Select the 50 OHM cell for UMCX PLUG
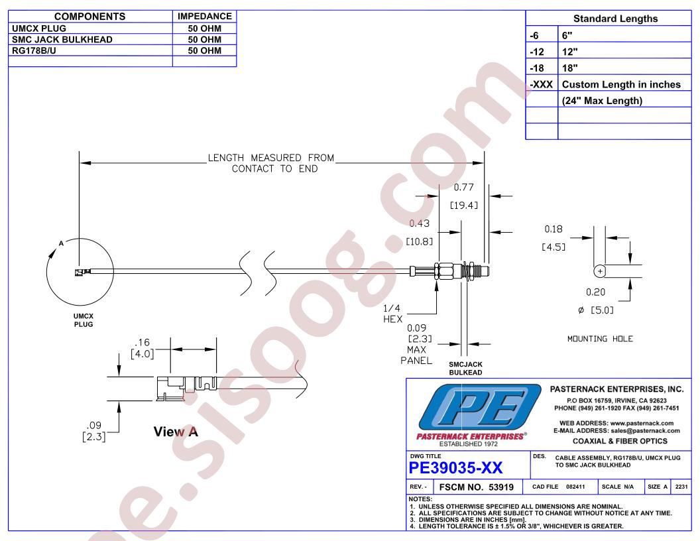coord(204,28)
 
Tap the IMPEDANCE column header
coord(204,17)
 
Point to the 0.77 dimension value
coord(463,188)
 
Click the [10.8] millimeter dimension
coord(419,241)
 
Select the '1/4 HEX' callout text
coord(392,314)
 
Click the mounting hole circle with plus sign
coord(599,271)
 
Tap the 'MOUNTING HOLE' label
coord(600,339)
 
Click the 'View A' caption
coord(176,432)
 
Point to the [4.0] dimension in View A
coord(142,354)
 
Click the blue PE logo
coord(479,408)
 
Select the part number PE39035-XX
coord(455,468)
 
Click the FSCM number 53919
coord(477,487)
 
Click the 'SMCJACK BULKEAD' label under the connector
coord(465,368)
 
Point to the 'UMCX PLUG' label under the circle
coord(84,320)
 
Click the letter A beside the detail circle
coord(61,243)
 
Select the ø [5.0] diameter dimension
coord(595,310)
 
